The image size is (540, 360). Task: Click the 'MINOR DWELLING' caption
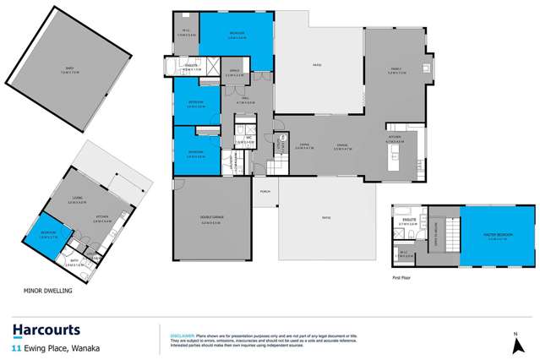pos(49,290)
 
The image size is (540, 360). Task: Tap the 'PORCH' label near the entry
pos(265,191)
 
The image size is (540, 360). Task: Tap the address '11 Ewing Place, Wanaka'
pos(52,347)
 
